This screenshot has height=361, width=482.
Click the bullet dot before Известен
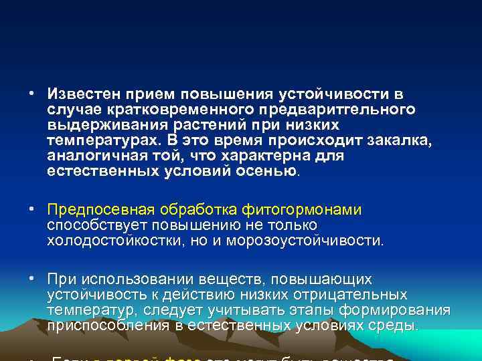coord(32,93)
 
